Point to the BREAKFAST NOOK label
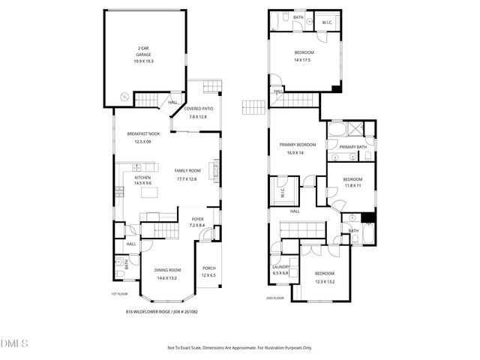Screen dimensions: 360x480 pyautogui.click(x=138, y=133)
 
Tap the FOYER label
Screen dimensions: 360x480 pyautogui.click(x=197, y=219)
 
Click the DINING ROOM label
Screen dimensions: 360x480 pyautogui.click(x=168, y=270)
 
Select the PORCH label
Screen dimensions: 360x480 pyautogui.click(x=209, y=268)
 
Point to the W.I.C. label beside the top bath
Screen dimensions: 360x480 pyautogui.click(x=327, y=22)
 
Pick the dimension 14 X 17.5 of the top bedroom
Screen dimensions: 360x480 pyautogui.click(x=303, y=60)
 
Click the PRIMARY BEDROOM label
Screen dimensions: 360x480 pyautogui.click(x=298, y=145)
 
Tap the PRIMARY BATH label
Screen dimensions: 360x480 pyautogui.click(x=352, y=147)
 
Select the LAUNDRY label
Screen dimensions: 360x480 pyautogui.click(x=280, y=266)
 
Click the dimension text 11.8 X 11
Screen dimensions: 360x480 pyautogui.click(x=352, y=185)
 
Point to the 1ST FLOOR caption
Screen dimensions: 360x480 pyautogui.click(x=121, y=293)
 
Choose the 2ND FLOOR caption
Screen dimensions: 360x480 pyautogui.click(x=275, y=298)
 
